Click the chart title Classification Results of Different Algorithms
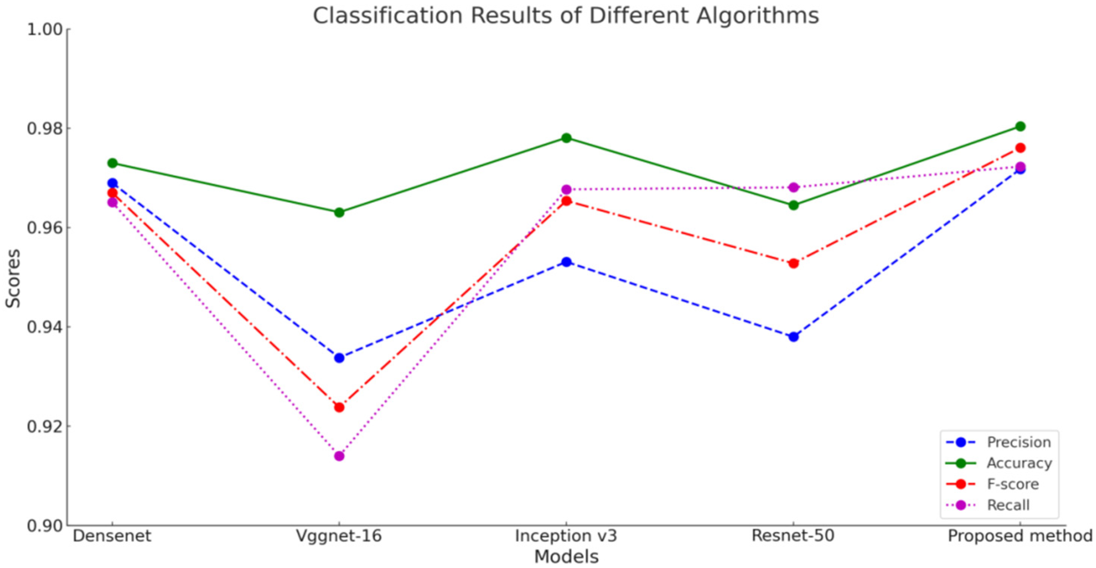[x=566, y=16]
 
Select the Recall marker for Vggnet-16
[x=339, y=456]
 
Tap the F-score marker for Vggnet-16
[x=339, y=407]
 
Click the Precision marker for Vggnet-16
[x=339, y=358]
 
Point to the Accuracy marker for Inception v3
[x=566, y=138]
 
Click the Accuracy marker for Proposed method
[x=1020, y=126]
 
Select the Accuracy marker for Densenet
[x=112, y=163]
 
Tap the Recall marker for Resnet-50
[x=794, y=187]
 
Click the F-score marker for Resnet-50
[x=794, y=263]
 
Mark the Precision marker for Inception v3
[x=566, y=262]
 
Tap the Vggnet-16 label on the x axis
[x=339, y=536]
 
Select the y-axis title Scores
[x=13, y=279]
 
